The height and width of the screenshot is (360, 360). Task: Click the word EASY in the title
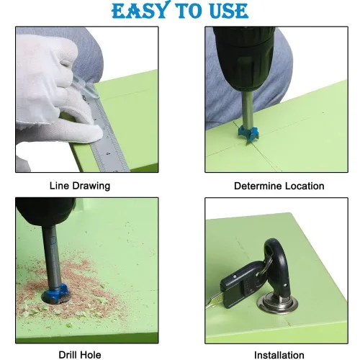pyautogui.click(x=139, y=10)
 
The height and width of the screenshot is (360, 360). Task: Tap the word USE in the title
pyautogui.click(x=229, y=11)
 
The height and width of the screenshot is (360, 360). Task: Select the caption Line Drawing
pyautogui.click(x=80, y=186)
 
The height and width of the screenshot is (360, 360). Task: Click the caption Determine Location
pyautogui.click(x=279, y=186)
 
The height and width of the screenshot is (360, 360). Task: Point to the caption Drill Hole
pyautogui.click(x=80, y=355)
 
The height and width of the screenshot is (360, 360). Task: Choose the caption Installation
pyautogui.click(x=279, y=355)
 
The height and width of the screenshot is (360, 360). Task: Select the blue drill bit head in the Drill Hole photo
pyautogui.click(x=55, y=292)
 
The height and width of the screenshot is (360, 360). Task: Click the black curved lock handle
pyautogui.click(x=279, y=268)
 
